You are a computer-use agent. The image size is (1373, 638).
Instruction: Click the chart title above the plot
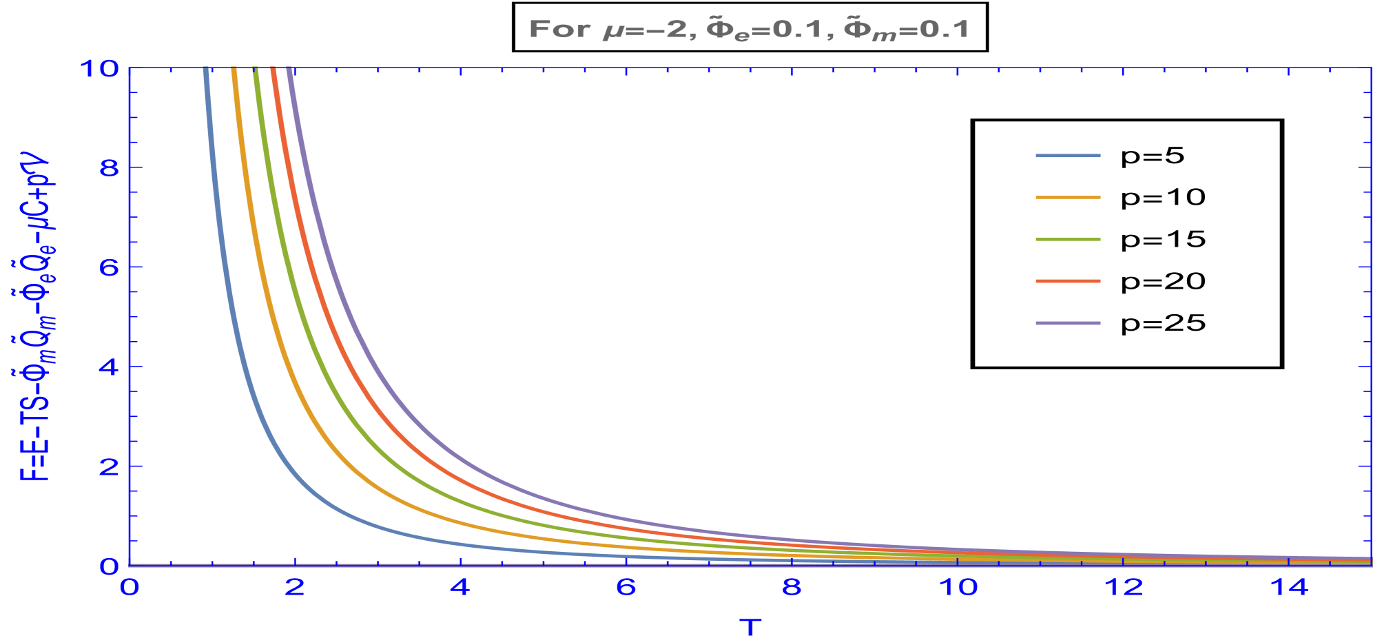(749, 30)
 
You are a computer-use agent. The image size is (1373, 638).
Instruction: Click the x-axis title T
(750, 627)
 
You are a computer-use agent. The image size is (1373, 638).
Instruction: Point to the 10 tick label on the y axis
(100, 69)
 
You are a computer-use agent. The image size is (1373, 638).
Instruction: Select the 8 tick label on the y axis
(110, 168)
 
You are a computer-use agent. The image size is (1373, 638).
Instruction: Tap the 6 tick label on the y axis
(110, 267)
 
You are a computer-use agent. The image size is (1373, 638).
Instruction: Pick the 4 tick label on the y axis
(110, 367)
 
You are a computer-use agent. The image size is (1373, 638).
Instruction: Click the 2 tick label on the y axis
(110, 466)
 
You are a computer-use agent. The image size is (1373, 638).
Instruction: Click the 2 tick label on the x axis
(295, 588)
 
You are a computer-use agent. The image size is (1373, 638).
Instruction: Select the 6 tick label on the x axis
(626, 588)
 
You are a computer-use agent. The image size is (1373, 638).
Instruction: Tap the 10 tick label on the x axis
(958, 588)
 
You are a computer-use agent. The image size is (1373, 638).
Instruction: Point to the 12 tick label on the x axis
(1123, 588)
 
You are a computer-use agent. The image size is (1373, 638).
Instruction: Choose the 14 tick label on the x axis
(1289, 588)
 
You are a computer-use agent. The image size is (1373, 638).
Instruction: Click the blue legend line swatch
(1068, 156)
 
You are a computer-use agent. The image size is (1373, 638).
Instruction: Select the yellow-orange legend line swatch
(1068, 198)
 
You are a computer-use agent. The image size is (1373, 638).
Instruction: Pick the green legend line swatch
(1068, 240)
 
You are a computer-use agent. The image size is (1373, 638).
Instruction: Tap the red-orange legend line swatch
(1068, 281)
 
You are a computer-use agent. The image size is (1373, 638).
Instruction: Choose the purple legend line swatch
(1068, 323)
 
